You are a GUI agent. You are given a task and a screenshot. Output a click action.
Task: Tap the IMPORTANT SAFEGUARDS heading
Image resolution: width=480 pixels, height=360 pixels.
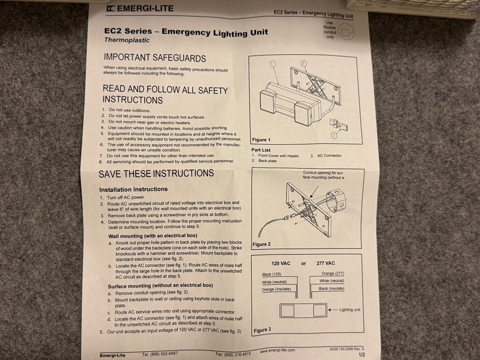click(155, 58)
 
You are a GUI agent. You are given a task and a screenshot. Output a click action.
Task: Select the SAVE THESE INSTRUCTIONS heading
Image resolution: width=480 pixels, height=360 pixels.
click(156, 173)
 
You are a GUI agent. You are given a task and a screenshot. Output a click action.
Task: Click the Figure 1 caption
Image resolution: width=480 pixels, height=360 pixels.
click(262, 140)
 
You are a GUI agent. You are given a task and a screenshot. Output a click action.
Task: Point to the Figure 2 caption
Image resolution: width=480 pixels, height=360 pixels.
click(262, 244)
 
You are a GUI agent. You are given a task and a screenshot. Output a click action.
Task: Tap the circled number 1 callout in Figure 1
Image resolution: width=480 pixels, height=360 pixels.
click(272, 63)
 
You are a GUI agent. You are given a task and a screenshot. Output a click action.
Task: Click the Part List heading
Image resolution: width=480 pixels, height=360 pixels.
click(261, 150)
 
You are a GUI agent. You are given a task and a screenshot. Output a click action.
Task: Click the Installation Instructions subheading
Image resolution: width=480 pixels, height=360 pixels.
click(133, 189)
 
